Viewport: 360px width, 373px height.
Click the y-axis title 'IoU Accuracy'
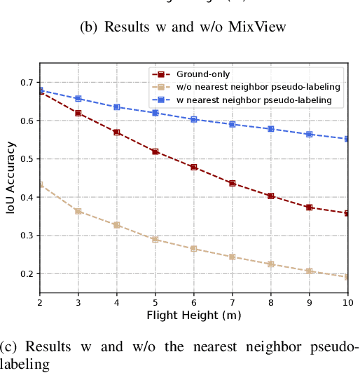point(11,178)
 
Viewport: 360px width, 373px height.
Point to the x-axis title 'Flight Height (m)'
point(193,316)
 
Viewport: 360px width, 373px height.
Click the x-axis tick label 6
point(194,302)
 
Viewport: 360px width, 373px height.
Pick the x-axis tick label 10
point(348,302)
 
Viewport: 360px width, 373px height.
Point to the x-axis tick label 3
point(78,302)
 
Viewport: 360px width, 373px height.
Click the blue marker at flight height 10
point(348,139)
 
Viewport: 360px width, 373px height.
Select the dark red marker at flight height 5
point(155,151)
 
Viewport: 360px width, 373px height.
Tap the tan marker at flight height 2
point(40,184)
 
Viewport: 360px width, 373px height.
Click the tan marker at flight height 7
point(233,257)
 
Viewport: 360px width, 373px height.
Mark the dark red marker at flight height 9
point(310,208)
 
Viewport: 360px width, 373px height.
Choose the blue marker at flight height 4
point(117,107)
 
